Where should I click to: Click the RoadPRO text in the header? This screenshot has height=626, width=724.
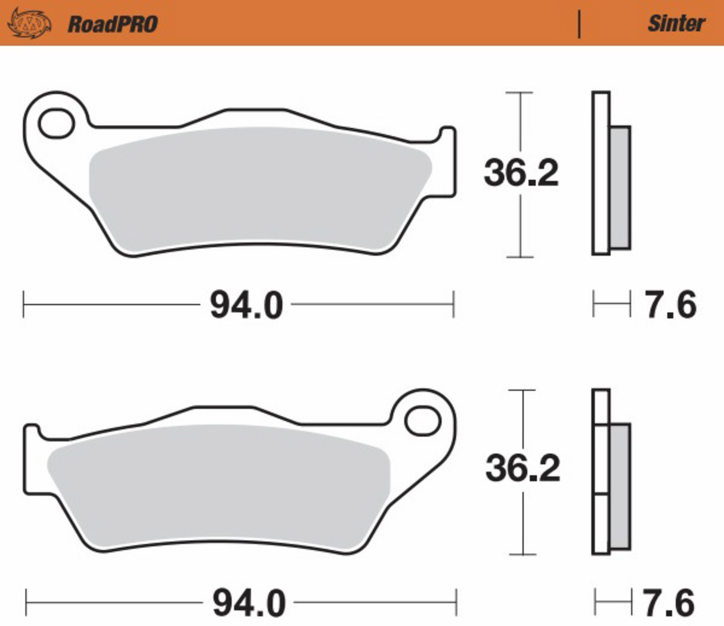tap(112, 24)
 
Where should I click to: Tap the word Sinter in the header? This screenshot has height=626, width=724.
tap(676, 23)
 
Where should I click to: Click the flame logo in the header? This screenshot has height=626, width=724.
tap(29, 23)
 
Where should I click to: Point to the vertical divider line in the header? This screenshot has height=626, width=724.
tap(579, 24)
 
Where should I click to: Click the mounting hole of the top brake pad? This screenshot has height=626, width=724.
tap(56, 124)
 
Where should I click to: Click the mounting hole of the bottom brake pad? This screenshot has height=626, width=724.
tap(422, 421)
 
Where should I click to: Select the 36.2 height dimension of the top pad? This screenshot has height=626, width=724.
tap(521, 173)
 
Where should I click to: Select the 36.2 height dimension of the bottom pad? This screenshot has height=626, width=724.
tap(522, 468)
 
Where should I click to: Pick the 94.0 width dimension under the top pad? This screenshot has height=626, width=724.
tap(246, 306)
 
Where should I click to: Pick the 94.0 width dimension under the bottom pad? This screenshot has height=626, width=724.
tap(249, 603)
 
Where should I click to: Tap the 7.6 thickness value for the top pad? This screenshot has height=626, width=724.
tap(671, 305)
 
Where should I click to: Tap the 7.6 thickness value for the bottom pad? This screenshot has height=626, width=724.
tap(669, 603)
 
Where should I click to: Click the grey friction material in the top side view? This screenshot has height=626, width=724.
tap(620, 187)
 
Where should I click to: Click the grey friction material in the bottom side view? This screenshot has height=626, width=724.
tap(620, 485)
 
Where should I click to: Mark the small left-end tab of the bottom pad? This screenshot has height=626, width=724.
tap(32, 459)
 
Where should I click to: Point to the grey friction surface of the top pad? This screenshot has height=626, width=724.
tap(256, 188)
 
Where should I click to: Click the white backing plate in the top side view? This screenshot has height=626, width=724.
tap(601, 173)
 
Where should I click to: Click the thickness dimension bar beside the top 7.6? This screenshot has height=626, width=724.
tap(611, 305)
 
